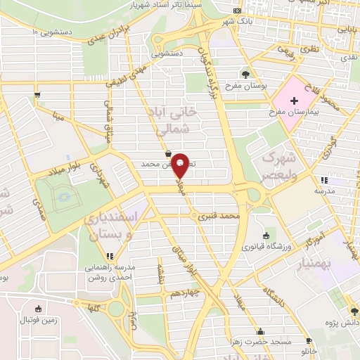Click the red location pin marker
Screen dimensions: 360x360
[181, 165]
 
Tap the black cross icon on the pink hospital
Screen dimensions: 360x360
[294, 101]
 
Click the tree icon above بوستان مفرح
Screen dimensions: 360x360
[245, 75]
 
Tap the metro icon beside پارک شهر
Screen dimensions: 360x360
[237, 11]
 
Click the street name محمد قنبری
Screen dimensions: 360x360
[219, 217]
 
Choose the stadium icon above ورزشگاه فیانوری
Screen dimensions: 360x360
[265, 236]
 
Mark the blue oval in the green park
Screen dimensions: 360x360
[63, 194]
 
